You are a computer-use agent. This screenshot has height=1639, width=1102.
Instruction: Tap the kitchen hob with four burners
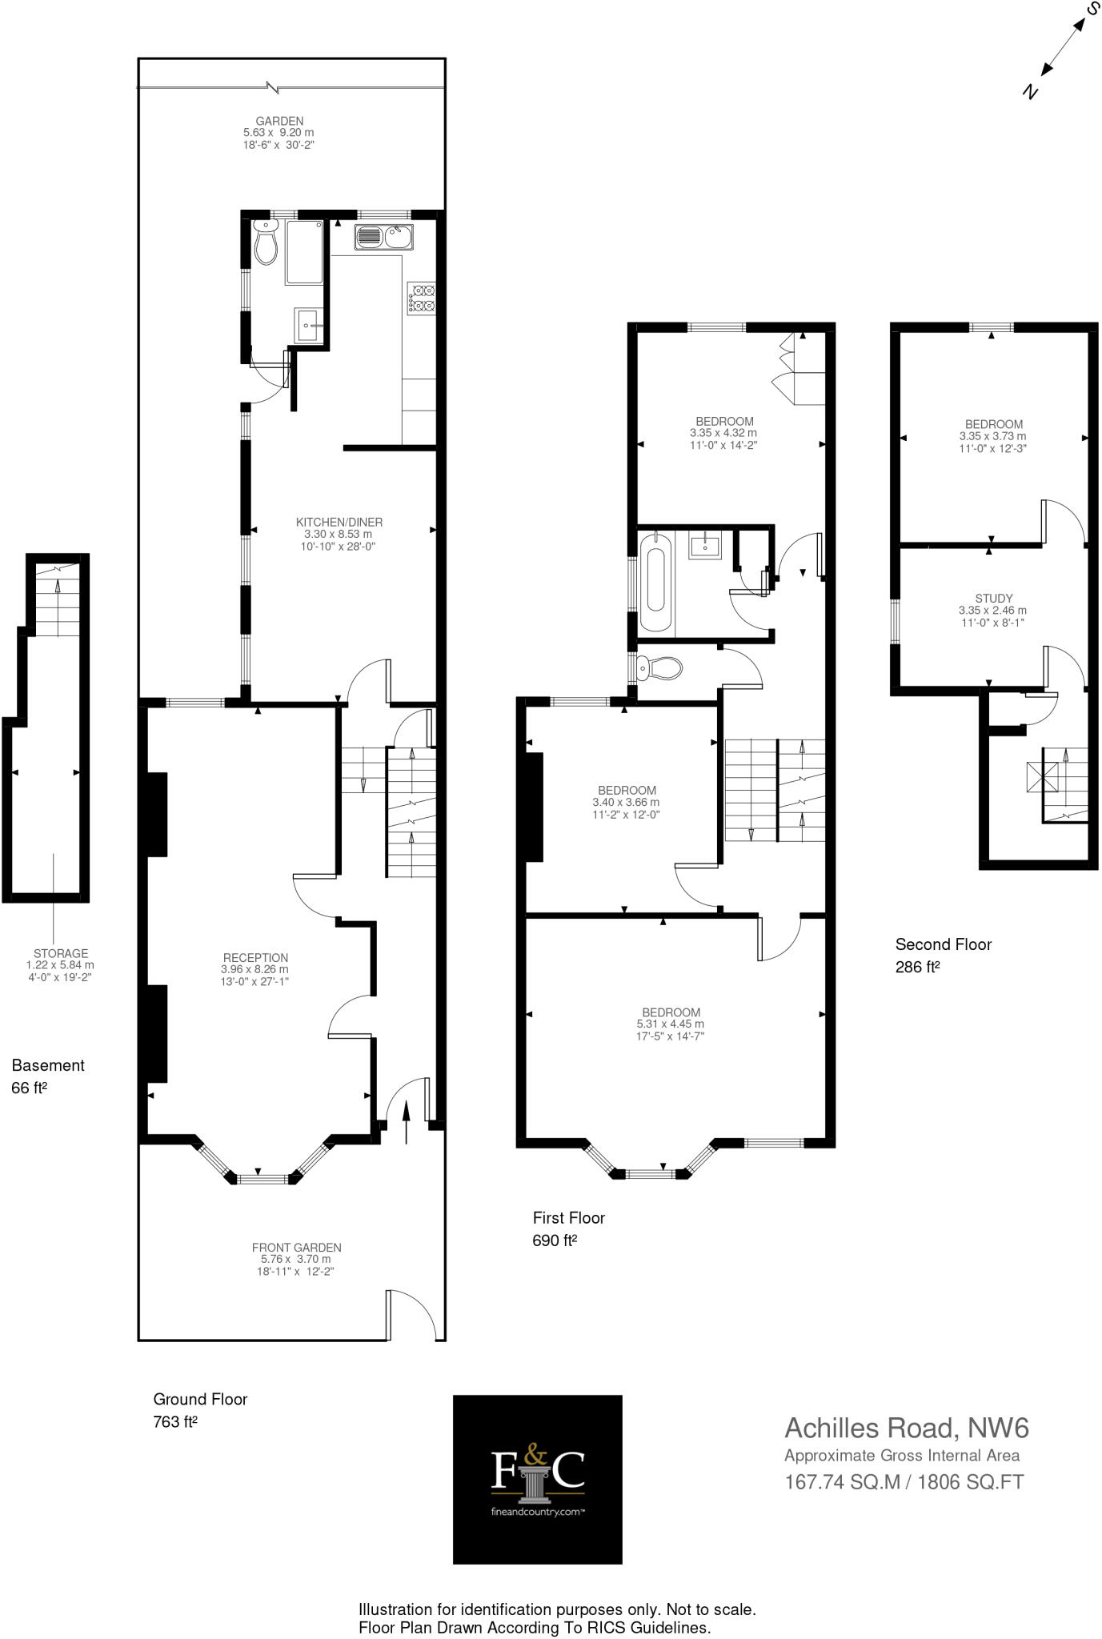421,298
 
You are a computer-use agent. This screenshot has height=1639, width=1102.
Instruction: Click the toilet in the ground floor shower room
266,244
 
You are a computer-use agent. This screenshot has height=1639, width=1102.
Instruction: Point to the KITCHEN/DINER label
339,523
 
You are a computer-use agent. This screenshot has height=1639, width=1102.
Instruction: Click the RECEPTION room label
255,958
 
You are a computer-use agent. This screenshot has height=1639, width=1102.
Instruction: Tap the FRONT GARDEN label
296,1248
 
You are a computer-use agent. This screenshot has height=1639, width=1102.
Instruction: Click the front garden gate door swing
412,1314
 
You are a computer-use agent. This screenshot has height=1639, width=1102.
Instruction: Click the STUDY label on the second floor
994,599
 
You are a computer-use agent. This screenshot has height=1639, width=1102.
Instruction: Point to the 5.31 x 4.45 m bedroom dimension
671,1024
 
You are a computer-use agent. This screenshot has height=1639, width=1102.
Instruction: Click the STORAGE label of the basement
61,954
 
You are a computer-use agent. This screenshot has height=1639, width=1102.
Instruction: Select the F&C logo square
537,1479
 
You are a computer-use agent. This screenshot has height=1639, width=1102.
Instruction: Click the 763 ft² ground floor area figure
174,1422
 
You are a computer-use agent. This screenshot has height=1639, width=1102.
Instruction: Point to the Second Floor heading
943,944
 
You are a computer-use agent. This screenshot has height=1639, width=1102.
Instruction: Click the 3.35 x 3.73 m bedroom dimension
992,437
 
